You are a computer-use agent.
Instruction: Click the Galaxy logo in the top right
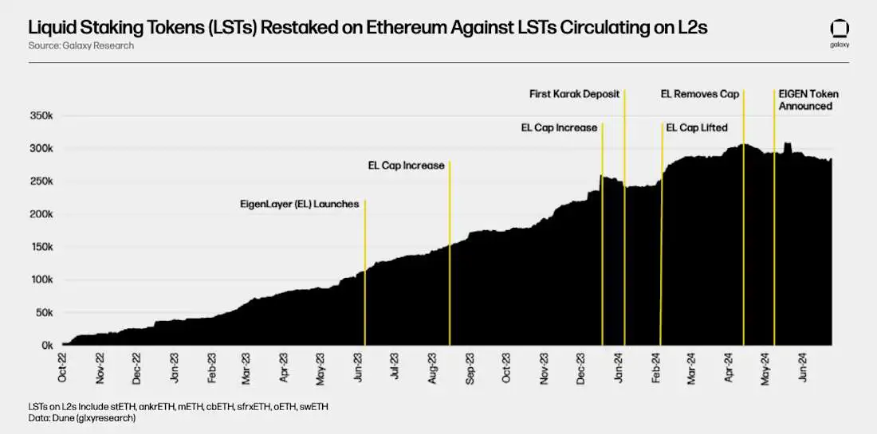click(x=840, y=33)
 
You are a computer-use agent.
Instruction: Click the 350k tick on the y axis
click(x=41, y=115)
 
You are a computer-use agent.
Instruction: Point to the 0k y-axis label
click(x=46, y=346)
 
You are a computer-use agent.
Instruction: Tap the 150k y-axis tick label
click(x=41, y=247)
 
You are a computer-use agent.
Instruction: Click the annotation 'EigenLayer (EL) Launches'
click(x=299, y=204)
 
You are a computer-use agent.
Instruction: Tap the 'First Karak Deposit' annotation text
click(x=574, y=94)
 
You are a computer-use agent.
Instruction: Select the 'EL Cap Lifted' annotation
click(x=696, y=127)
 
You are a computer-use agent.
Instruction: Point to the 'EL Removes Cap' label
click(x=700, y=94)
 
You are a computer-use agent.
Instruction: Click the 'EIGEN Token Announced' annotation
click(x=808, y=100)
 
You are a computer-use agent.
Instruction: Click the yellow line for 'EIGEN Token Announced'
click(x=774, y=239)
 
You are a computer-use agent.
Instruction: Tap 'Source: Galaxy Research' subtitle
click(x=81, y=45)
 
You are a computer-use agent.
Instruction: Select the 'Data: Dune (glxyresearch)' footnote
click(x=82, y=417)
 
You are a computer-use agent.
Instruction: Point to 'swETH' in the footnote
click(x=312, y=406)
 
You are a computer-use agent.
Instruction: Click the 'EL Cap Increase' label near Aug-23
click(x=406, y=166)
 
